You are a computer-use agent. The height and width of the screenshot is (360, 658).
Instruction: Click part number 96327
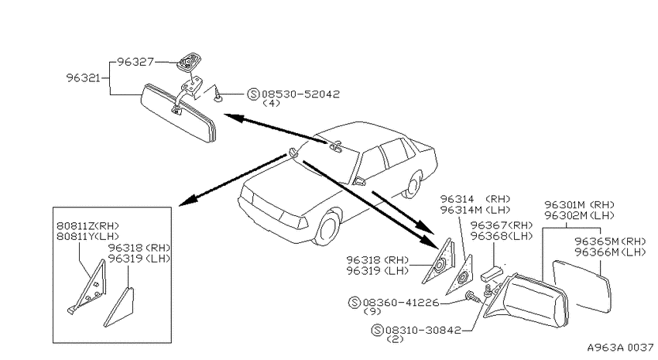[x=135, y=62]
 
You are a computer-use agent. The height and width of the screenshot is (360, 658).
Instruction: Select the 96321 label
[x=83, y=78]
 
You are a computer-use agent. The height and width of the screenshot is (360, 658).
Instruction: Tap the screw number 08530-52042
[x=300, y=94]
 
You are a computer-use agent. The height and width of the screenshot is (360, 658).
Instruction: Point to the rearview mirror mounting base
[x=187, y=60]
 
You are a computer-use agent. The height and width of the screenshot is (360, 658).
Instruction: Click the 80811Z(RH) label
[x=87, y=226]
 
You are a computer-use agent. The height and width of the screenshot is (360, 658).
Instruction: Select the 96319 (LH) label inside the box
[x=139, y=259]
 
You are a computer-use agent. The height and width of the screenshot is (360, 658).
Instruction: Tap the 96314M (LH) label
[x=475, y=209]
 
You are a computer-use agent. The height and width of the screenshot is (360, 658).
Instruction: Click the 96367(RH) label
[x=502, y=225]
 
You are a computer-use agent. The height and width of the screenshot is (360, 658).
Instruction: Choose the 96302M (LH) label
[x=580, y=215]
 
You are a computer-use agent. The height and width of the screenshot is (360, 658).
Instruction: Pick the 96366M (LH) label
[x=610, y=252]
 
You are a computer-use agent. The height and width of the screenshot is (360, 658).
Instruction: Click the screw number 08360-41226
[x=401, y=302]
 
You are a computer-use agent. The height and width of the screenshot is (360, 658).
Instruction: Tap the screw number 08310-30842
[x=423, y=331]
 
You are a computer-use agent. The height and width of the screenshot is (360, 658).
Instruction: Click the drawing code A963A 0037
[x=620, y=348]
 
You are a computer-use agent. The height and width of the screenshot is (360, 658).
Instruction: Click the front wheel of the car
[x=327, y=228]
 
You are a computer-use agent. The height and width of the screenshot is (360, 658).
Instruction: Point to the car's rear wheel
[x=414, y=184]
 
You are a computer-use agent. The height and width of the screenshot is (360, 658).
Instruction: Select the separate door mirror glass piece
[x=582, y=286]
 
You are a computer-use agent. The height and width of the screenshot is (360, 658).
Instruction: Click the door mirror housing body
[x=529, y=301]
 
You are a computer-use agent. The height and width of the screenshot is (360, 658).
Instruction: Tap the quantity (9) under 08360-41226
[x=372, y=311]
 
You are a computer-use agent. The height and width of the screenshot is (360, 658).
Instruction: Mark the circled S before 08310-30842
[x=377, y=331]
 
